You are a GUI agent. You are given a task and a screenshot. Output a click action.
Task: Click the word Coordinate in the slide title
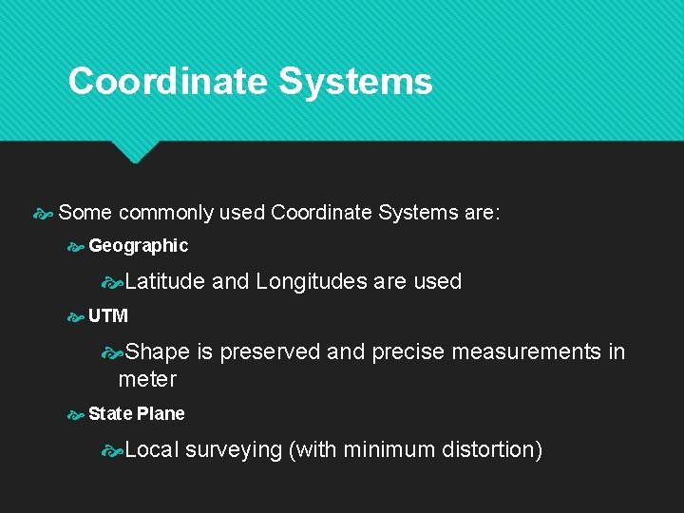(x=167, y=82)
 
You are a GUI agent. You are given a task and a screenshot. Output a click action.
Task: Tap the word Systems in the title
(x=355, y=82)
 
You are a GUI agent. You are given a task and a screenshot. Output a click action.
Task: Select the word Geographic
(x=139, y=246)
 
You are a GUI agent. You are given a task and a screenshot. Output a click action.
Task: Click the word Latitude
(x=164, y=281)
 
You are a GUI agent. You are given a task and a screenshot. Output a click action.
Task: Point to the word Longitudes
(x=311, y=281)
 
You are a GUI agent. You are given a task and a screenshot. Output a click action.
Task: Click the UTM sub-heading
(x=108, y=316)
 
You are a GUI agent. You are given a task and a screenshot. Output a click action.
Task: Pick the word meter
(x=147, y=380)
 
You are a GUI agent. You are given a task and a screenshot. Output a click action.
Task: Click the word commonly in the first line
(x=165, y=213)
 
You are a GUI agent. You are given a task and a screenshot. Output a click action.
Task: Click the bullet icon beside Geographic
(x=76, y=247)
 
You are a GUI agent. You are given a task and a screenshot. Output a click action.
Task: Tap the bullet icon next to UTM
(x=76, y=317)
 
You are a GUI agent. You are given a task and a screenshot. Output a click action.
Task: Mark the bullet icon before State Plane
(x=76, y=415)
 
